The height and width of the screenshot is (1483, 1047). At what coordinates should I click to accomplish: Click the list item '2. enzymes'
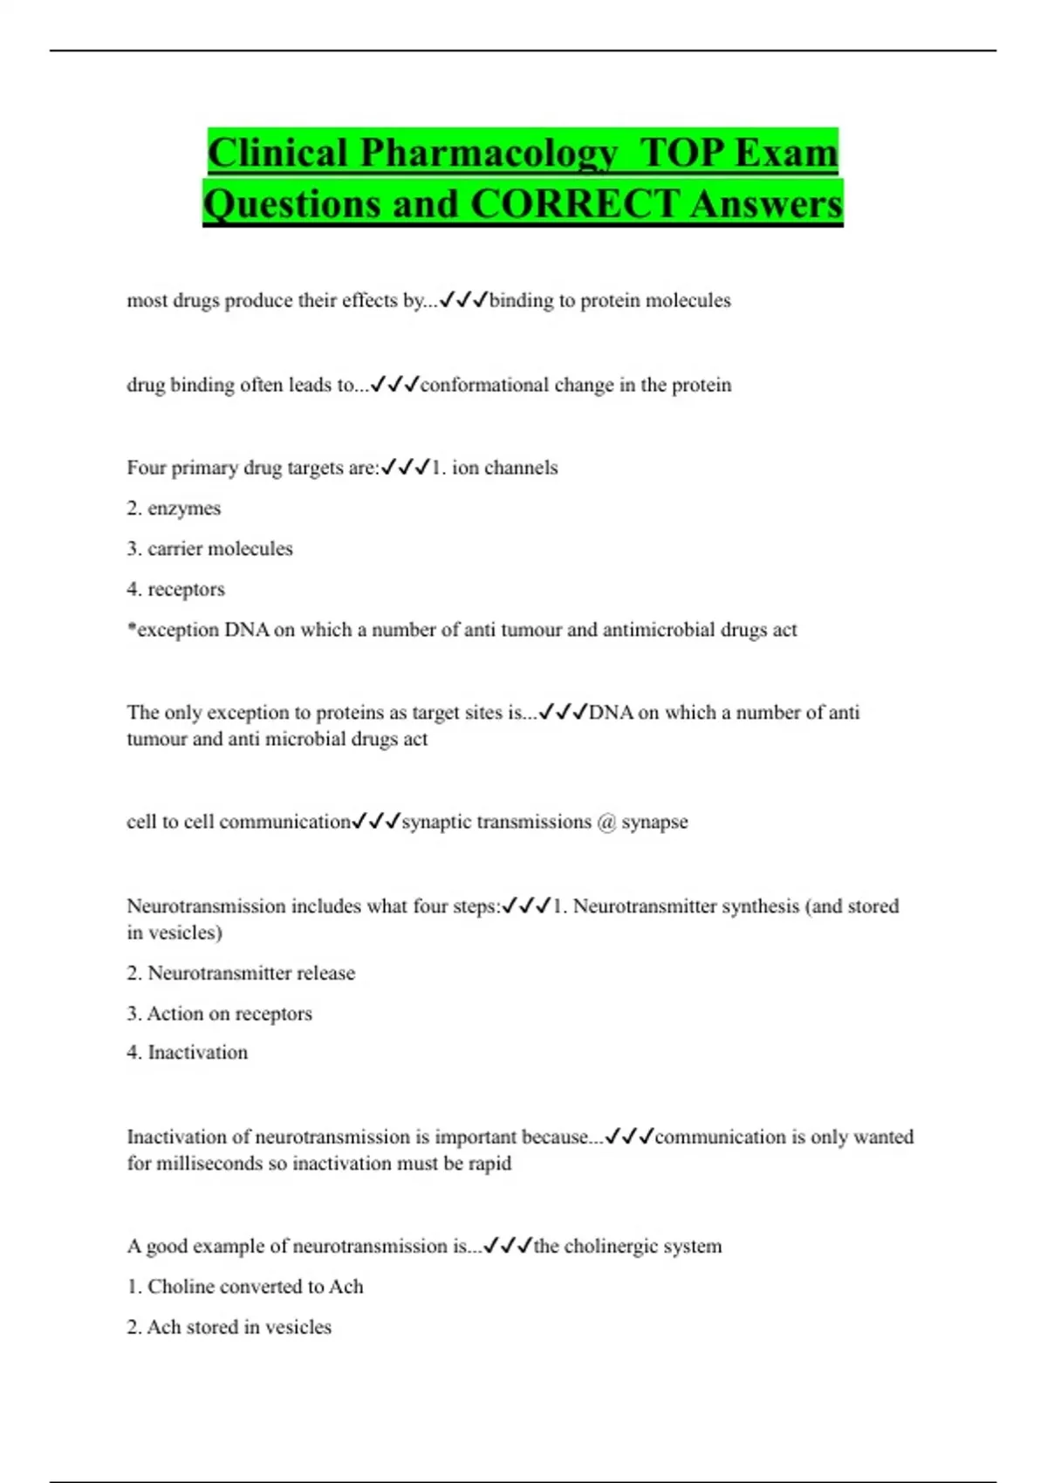coord(174,509)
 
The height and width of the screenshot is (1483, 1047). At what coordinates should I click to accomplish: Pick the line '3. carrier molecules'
coord(209,549)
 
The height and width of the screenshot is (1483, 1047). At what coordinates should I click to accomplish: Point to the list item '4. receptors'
coord(175,590)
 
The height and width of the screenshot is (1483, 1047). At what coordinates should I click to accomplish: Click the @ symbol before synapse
coord(606,823)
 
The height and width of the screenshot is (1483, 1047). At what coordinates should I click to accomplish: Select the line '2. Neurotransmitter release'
coord(241,974)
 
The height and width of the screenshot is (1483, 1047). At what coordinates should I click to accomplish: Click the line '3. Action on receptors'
coord(219,1014)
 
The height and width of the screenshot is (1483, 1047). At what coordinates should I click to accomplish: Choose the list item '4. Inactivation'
coord(187,1053)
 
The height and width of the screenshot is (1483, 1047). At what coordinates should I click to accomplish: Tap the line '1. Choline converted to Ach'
coord(244,1287)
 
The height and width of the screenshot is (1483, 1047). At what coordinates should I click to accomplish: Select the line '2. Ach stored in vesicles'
coord(229,1328)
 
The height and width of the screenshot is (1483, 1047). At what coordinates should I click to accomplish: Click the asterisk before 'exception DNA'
coord(132,628)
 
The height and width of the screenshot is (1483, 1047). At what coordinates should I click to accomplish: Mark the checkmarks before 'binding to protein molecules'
coord(462,301)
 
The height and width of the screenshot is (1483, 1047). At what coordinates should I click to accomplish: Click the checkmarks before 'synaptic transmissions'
coord(376,822)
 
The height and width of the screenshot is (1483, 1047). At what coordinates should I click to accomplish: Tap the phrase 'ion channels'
coord(504,468)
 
